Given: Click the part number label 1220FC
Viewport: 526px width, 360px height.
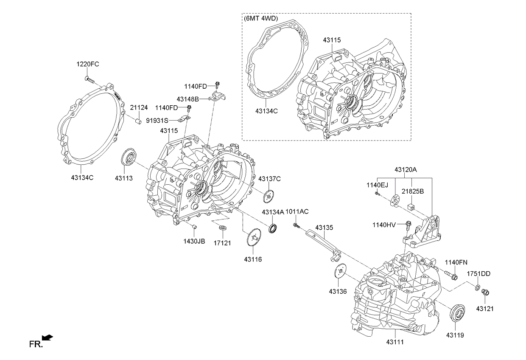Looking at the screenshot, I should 88,65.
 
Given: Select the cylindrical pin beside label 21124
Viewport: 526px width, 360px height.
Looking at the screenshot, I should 138,122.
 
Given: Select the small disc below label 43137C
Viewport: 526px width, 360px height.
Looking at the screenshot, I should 268,196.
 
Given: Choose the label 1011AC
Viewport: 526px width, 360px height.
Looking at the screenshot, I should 297,212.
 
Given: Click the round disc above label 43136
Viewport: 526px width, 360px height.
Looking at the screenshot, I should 340,272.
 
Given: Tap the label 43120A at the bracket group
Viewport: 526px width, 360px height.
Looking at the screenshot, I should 406,169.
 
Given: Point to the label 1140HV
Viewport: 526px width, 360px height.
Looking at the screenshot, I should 383,224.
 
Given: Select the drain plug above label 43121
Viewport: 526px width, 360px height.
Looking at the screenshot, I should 486,292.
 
